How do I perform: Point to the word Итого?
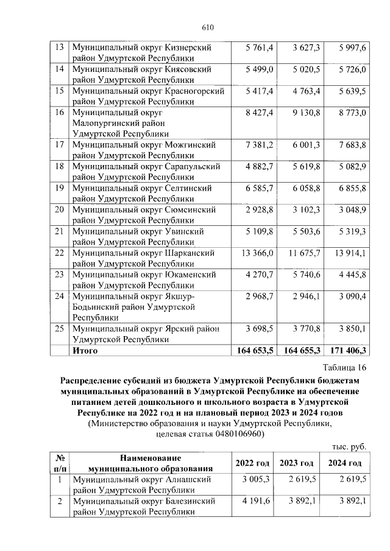tap(85, 351)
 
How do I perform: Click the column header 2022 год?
tap(253, 463)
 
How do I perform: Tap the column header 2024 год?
tap(344, 463)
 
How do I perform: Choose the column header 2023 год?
tap(297, 463)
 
